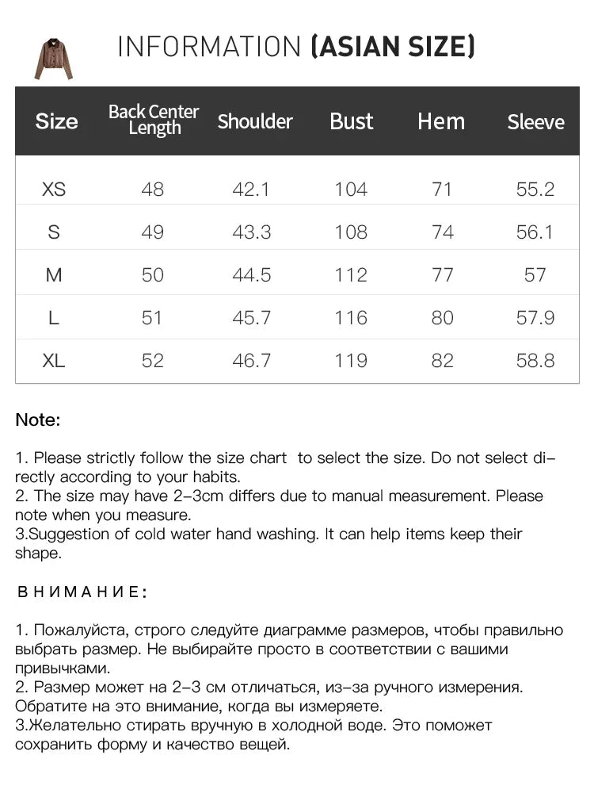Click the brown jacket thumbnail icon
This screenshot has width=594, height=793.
(x=54, y=59)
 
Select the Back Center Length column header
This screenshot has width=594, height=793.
(x=154, y=120)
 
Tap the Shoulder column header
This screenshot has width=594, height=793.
(x=255, y=121)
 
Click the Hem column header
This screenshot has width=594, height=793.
(x=441, y=121)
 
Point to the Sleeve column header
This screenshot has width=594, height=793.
(x=536, y=122)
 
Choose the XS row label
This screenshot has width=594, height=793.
(x=54, y=190)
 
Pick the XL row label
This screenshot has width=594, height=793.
(x=54, y=361)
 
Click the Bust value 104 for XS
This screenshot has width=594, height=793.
(x=351, y=190)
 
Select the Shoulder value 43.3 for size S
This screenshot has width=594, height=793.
(x=252, y=232)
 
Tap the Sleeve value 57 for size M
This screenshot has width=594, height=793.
(x=535, y=275)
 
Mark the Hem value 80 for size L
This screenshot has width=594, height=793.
(x=443, y=318)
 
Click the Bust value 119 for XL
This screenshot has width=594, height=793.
(x=351, y=361)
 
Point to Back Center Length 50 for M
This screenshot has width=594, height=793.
(x=152, y=275)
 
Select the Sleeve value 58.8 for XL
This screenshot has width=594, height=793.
(x=535, y=361)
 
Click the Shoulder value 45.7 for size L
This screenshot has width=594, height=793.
(x=252, y=318)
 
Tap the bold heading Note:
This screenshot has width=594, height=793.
(x=38, y=420)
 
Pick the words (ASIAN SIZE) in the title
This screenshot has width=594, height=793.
(x=393, y=48)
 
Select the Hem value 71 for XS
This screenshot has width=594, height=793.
(x=443, y=190)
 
